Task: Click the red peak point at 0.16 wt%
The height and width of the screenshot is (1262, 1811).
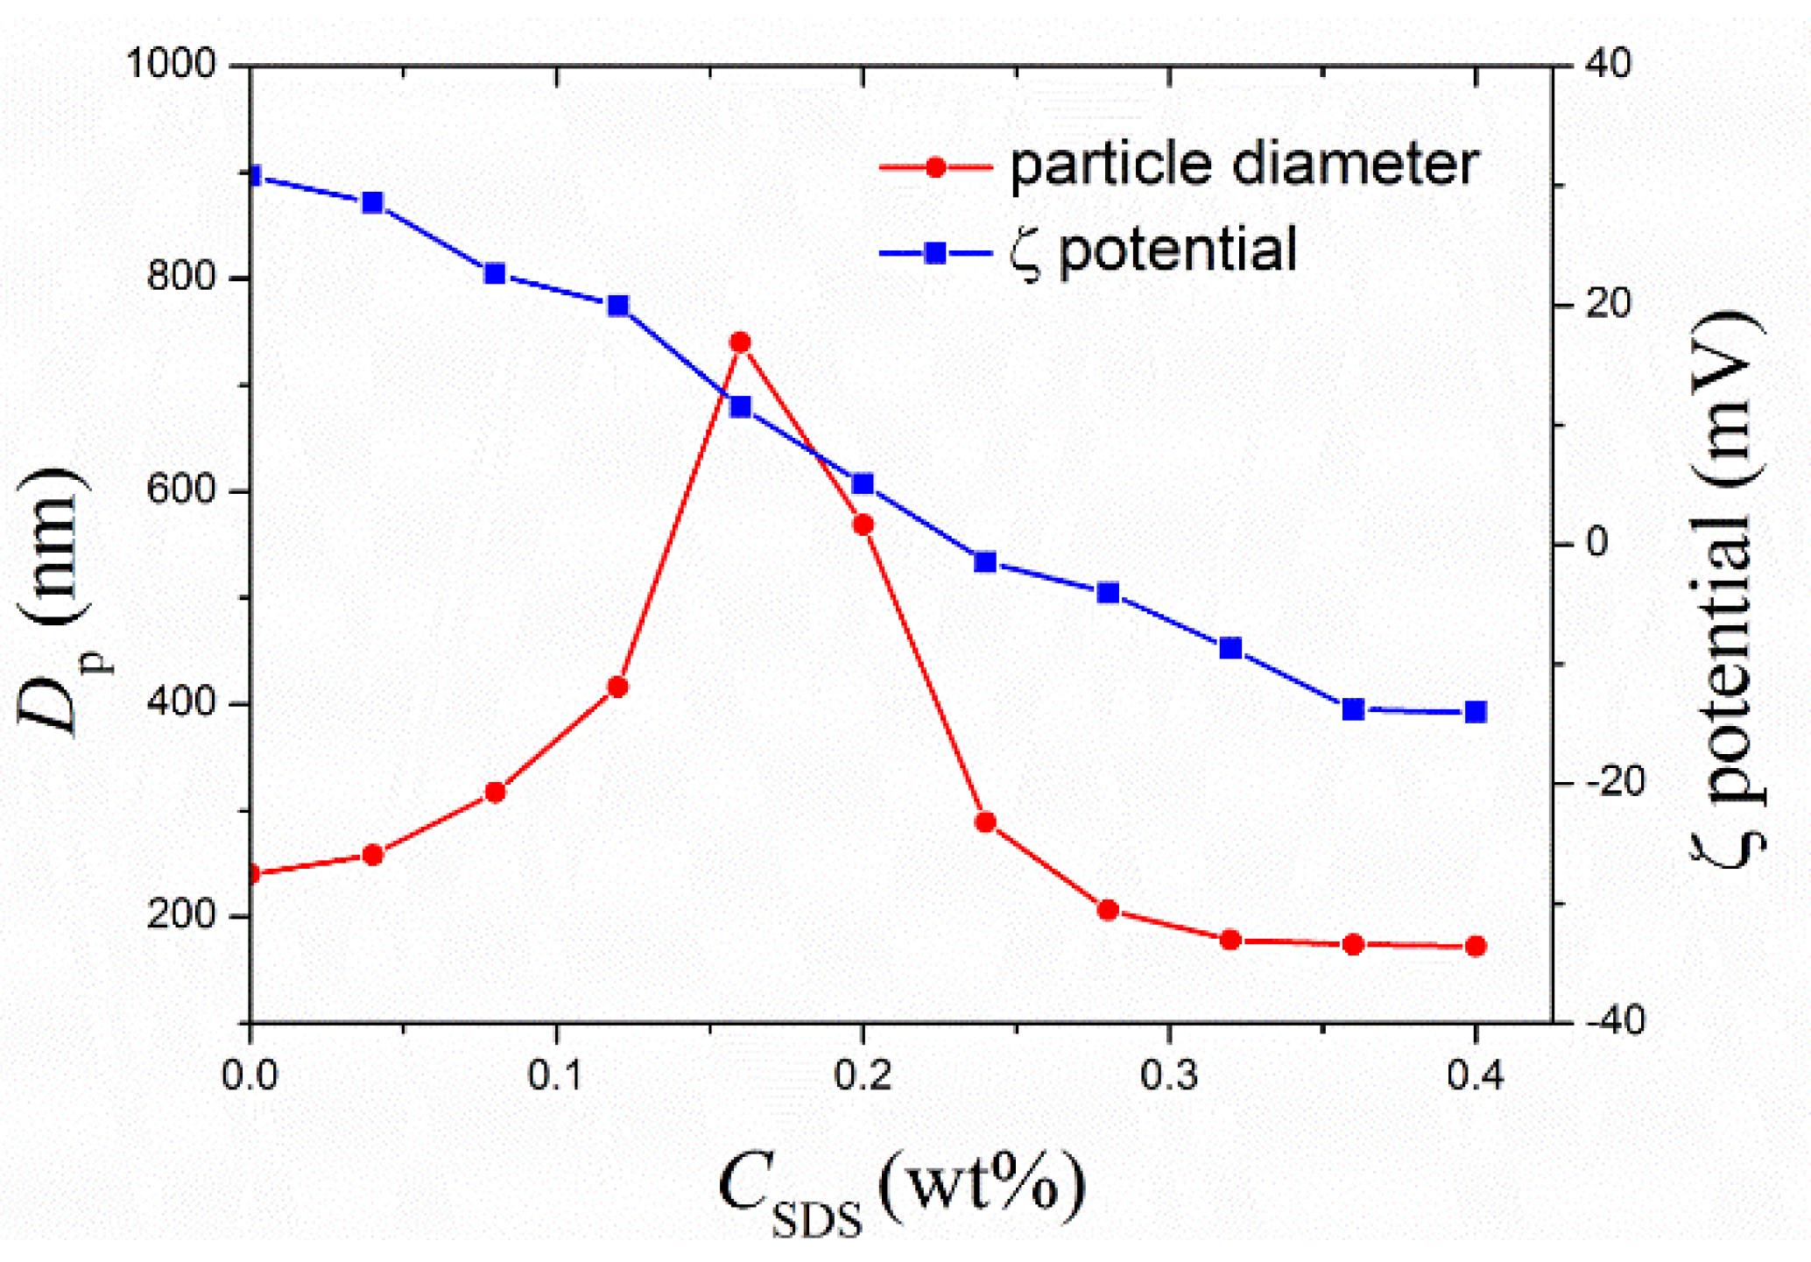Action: coord(740,342)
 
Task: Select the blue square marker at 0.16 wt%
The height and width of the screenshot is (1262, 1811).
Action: coord(740,406)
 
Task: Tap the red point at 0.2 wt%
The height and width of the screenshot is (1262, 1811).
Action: coord(863,525)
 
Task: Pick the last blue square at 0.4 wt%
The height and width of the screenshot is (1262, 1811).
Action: coord(1476,712)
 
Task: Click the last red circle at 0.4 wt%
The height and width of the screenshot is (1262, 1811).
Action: coord(1476,946)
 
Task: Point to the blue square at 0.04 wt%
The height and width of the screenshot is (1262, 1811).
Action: coord(372,202)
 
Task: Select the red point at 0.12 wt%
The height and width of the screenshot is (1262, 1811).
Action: coord(617,687)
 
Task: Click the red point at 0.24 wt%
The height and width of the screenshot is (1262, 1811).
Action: coord(985,821)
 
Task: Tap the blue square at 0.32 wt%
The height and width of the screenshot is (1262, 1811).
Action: coord(1230,648)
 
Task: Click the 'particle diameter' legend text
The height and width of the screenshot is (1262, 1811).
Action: coord(1244,165)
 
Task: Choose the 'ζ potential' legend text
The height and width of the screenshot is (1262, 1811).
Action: coord(1152,250)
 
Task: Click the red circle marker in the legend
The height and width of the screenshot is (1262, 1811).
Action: coord(935,166)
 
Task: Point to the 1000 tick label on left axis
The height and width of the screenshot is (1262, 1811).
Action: coord(171,64)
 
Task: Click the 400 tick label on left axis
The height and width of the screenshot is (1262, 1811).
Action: coord(181,702)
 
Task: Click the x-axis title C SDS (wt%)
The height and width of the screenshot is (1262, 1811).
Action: coord(902,1189)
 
